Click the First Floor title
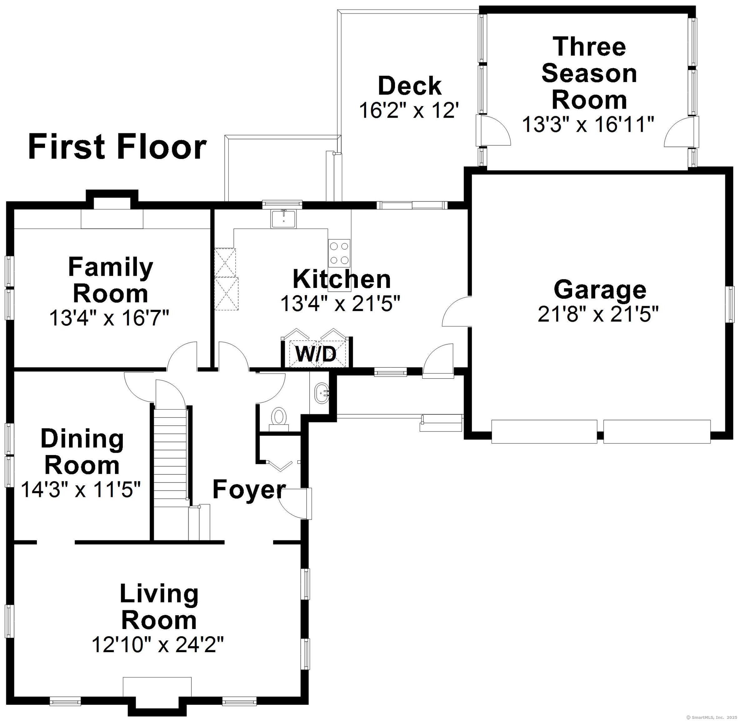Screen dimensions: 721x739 [x=117, y=147]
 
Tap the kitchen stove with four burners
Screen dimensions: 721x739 [x=339, y=253]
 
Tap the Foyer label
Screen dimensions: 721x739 [x=248, y=489]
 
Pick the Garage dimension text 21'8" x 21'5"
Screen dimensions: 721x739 [x=598, y=314]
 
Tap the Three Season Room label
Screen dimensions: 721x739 [x=589, y=73]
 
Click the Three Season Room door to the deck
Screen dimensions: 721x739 [x=495, y=130]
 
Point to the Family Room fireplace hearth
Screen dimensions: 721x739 [x=112, y=219]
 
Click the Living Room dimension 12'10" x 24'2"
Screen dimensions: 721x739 [x=158, y=645]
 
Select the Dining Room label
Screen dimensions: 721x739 [x=82, y=452]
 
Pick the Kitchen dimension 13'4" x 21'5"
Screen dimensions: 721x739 [x=340, y=303]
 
